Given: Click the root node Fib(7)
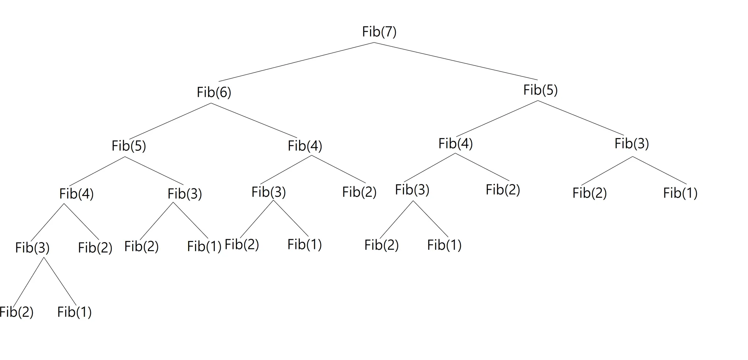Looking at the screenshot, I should (x=379, y=32).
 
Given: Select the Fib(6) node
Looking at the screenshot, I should (x=214, y=92).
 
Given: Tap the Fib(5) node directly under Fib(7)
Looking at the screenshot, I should (x=540, y=90).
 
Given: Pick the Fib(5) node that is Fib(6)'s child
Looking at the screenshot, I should (x=129, y=146).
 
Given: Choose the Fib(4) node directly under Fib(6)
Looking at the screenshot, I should (x=305, y=146).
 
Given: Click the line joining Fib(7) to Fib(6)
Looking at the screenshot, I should (x=296, y=62).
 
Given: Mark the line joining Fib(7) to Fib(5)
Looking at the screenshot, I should (x=455, y=61).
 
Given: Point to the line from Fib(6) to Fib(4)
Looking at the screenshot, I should (x=254, y=120).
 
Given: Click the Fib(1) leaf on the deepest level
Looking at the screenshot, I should (x=75, y=312).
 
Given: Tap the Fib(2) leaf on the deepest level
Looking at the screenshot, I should (x=17, y=312).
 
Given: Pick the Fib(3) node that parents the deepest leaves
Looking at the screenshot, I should (x=32, y=248).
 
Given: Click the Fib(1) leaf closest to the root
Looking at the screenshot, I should (x=680, y=193).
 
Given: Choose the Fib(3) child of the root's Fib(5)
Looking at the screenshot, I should (x=631, y=143).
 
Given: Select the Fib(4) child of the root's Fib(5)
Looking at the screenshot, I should (x=455, y=143).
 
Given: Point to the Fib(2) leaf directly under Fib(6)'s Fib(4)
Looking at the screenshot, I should (x=359, y=192).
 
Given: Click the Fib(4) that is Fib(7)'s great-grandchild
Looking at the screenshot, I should (x=76, y=194).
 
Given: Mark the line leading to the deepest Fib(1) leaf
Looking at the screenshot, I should (x=60, y=281).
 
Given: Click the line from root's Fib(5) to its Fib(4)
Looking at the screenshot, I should (x=497, y=118).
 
